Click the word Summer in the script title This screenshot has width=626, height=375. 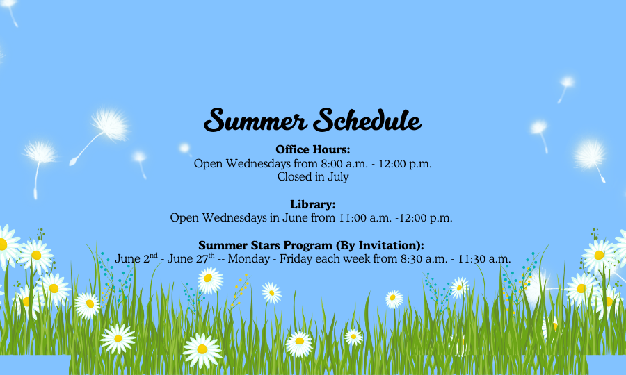pyautogui.click(x=255, y=120)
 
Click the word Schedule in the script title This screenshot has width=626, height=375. pyautogui.click(x=367, y=119)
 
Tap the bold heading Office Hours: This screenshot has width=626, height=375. pyautogui.click(x=312, y=149)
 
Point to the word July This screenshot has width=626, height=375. pyautogui.click(x=338, y=177)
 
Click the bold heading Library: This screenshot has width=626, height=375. pyautogui.click(x=312, y=204)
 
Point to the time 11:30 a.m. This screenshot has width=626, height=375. pyautogui.click(x=484, y=258)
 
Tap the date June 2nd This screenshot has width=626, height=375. pyautogui.click(x=136, y=258)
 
